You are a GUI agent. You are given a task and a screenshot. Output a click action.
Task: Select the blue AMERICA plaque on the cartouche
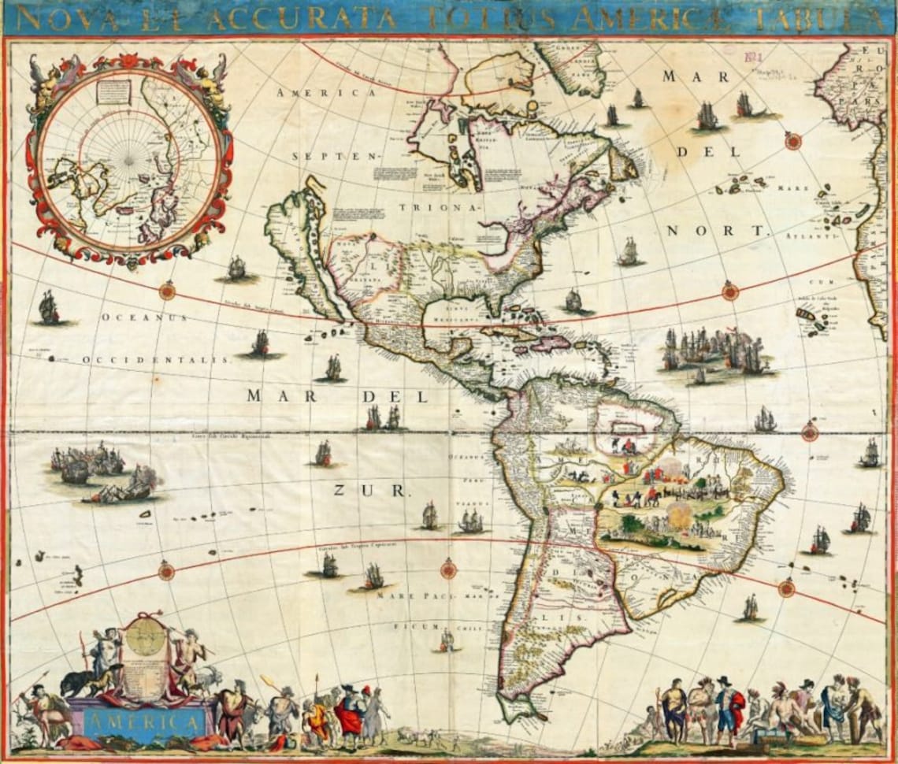[x=143, y=720]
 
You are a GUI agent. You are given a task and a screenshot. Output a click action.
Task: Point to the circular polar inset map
[x=129, y=157]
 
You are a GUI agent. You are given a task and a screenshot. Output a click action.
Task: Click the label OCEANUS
[x=144, y=317]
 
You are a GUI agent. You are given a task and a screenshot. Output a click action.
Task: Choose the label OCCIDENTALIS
[x=156, y=359]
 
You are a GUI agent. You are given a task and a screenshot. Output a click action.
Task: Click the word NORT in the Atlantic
[x=717, y=231]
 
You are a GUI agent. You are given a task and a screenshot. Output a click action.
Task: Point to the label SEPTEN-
[x=336, y=156]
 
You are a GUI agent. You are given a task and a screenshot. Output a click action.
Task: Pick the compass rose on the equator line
[x=809, y=432]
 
